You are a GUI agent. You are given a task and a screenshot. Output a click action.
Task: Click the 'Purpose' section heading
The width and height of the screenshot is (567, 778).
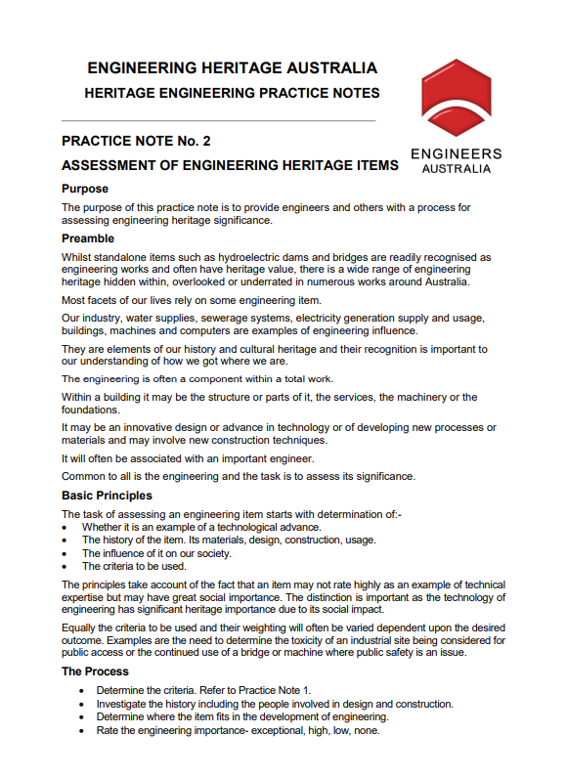tap(85, 189)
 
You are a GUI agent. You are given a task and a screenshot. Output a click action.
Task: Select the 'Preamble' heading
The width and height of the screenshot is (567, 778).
tap(88, 238)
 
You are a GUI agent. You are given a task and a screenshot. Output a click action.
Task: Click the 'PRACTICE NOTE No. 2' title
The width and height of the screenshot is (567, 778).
tap(136, 141)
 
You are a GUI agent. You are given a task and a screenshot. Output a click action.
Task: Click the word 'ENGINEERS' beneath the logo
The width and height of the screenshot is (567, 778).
tap(457, 153)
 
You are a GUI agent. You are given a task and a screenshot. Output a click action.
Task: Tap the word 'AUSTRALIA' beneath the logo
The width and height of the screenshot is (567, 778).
tap(457, 168)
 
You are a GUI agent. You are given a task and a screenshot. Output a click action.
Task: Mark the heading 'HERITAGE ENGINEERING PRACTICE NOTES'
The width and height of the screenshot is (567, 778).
tap(232, 93)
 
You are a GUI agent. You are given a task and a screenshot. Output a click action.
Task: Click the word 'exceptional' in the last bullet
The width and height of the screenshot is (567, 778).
tap(291, 730)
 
